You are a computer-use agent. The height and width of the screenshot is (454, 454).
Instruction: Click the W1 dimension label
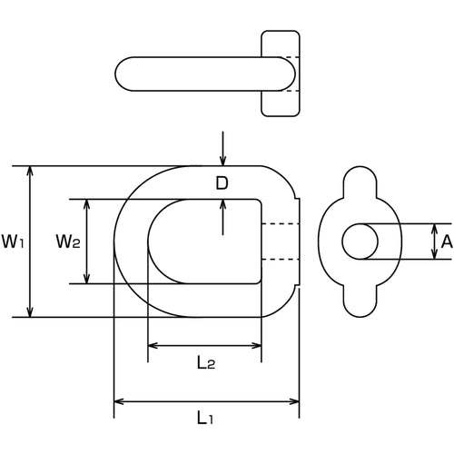coord(13,242)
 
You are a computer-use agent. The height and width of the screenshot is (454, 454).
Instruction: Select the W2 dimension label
coord(68,242)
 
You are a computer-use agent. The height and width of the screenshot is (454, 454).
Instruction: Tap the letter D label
coord(222,183)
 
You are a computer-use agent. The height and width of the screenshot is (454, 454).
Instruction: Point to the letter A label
coord(445,242)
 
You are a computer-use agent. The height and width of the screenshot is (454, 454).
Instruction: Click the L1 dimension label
coord(206,419)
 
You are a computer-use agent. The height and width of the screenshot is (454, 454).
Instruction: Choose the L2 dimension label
coord(205,363)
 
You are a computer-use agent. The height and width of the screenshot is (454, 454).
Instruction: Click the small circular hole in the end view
coord(360,242)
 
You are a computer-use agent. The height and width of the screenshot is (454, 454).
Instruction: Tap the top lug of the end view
coord(361,180)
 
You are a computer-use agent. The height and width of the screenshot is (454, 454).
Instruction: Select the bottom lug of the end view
coord(361,304)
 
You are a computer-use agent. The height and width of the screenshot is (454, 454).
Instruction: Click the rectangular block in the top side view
coord(281,74)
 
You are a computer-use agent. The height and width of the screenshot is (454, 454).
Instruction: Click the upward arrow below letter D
coord(222,206)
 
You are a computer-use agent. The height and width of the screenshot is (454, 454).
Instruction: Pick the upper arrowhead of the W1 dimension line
coord(30,172)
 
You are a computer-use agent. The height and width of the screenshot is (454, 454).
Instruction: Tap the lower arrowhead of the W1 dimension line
coord(30,311)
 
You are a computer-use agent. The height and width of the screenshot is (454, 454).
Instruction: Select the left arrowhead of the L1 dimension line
coord(119,401)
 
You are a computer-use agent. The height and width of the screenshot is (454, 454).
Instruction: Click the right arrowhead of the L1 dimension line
coord(294,401)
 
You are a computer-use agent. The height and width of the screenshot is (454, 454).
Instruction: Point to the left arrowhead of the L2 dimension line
coord(153,346)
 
